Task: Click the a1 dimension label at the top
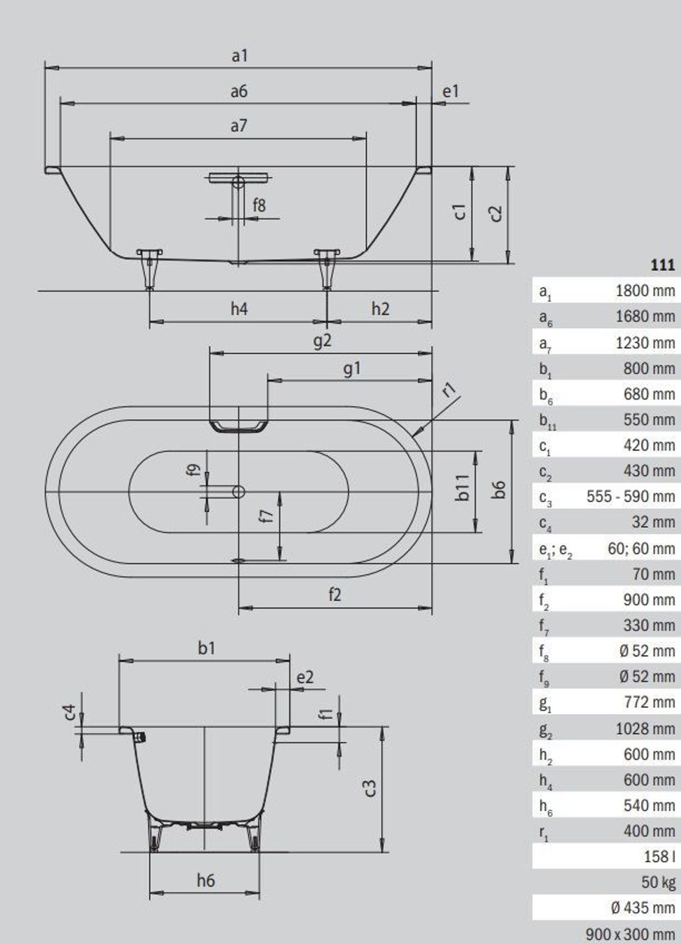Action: point(239,56)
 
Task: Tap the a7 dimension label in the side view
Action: point(239,126)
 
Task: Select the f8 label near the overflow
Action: point(259,205)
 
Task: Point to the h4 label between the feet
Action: point(239,309)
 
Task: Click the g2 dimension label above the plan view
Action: point(323,340)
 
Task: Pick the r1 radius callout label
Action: point(449,390)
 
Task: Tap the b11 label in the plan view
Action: point(463,487)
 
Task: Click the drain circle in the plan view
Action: point(239,491)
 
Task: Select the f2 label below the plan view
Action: point(335,594)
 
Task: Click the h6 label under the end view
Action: point(205,880)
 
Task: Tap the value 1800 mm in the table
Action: point(645,291)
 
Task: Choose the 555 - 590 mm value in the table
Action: point(630,497)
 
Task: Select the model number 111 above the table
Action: point(662,265)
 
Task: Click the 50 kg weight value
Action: point(658,882)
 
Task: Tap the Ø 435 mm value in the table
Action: point(642,908)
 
